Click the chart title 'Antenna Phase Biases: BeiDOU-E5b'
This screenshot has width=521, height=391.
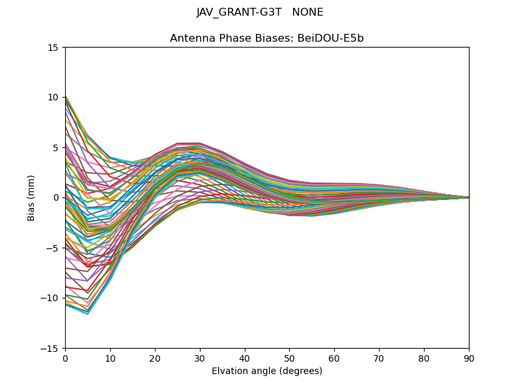(266, 38)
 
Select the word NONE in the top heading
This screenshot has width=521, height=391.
(308, 12)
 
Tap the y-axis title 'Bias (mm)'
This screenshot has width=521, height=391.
(31, 197)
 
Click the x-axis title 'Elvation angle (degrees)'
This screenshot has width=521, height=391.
(267, 371)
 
